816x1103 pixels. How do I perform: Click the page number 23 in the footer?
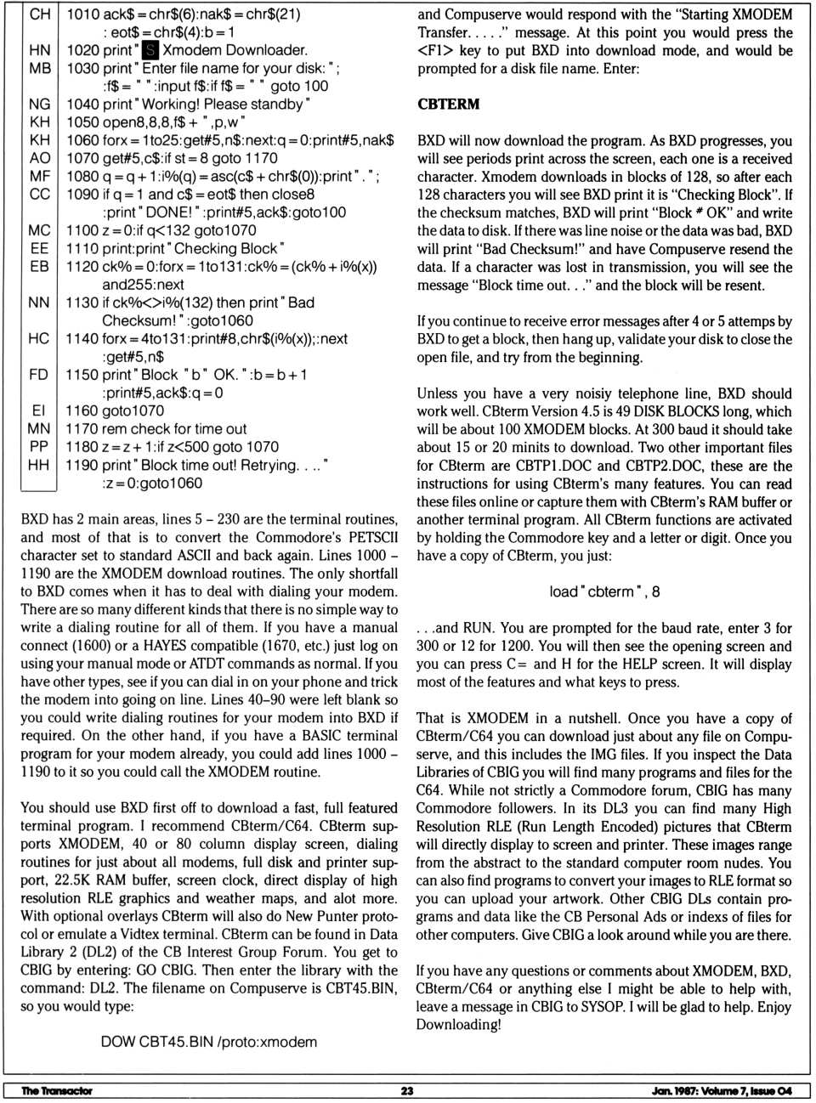407,1090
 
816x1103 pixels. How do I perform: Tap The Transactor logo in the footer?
56,1090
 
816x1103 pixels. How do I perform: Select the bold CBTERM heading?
448,105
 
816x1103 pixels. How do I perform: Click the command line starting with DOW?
208,1042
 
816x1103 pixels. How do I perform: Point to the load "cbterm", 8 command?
604,591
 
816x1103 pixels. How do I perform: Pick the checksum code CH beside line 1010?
39,14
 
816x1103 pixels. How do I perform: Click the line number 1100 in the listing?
82,230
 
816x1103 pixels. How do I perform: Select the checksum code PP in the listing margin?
39,447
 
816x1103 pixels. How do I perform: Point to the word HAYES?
167,646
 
